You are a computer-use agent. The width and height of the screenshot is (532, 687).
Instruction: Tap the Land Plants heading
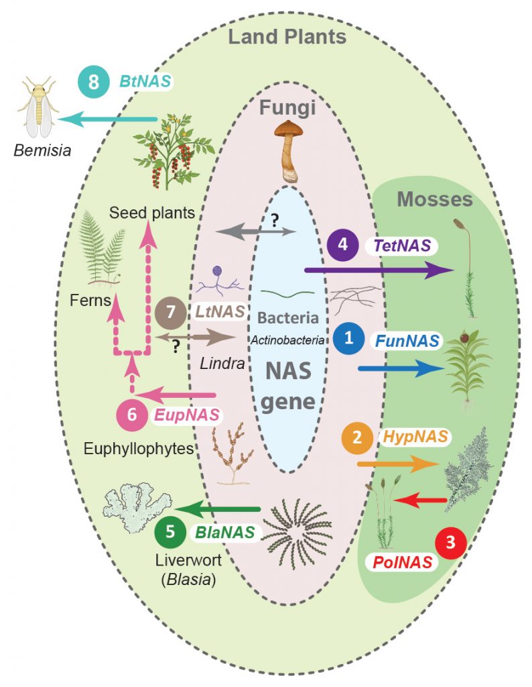pyautogui.click(x=287, y=36)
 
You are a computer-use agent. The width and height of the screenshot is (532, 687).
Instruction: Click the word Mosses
pyautogui.click(x=434, y=199)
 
